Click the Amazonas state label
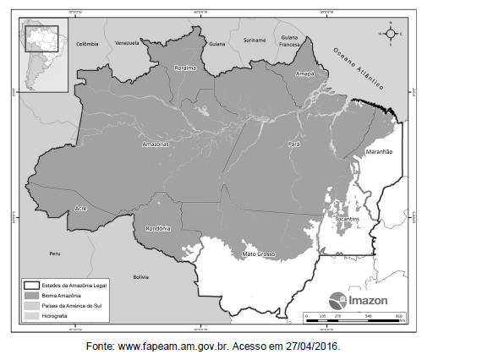pos(156,145)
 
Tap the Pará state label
pos(295,145)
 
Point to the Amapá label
pos(305,74)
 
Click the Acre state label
pos(81,207)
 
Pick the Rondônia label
pos(157,228)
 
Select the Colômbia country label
pos(87,43)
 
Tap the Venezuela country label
pos(127,42)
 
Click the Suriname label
pos(255,40)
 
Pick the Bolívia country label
pos(140,276)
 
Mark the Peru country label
pos(55,254)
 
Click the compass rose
pos(391,34)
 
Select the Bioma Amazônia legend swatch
pos(33,296)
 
